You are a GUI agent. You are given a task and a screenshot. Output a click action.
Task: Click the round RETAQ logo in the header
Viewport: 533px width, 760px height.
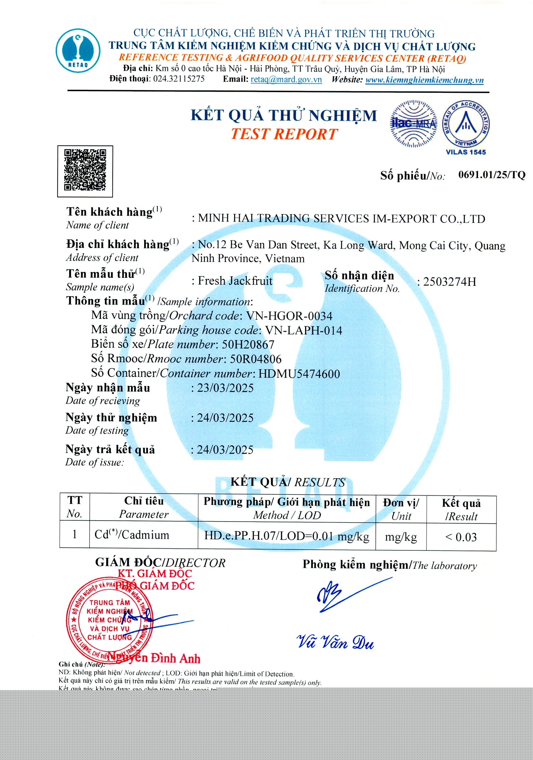tap(78, 50)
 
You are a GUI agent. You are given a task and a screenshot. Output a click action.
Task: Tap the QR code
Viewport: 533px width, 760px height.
tap(85, 171)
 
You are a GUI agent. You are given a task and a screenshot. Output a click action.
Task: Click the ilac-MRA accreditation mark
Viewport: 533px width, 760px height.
tap(414, 124)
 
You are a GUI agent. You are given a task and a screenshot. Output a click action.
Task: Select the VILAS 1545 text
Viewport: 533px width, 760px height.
tap(465, 152)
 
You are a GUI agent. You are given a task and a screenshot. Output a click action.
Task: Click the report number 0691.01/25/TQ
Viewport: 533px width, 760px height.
tap(491, 175)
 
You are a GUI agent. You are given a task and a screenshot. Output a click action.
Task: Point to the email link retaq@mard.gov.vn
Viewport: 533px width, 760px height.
tap(286, 80)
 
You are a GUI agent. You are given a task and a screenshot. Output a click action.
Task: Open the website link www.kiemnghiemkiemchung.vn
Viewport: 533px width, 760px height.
tap(424, 80)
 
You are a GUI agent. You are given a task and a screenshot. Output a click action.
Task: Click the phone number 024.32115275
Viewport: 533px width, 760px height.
tap(179, 79)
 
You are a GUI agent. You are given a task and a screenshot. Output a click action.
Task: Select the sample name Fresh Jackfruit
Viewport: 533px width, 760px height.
tap(235, 281)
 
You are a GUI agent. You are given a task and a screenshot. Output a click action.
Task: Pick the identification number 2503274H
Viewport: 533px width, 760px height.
tap(450, 282)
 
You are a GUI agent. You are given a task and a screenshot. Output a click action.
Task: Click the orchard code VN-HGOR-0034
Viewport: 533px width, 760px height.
tap(289, 316)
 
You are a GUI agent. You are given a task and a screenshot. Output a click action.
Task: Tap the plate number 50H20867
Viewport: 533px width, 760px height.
tap(248, 344)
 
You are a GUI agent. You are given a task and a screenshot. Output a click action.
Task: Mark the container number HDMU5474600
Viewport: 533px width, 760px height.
tap(299, 374)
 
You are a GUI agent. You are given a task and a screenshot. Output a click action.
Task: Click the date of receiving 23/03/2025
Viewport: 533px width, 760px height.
tap(225, 388)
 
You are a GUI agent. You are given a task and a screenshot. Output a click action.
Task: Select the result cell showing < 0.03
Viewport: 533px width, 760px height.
tap(461, 537)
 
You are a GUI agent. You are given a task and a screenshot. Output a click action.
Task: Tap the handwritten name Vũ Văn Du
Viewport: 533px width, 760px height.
tap(335, 643)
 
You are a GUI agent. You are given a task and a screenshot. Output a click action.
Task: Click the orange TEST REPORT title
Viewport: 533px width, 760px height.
tap(284, 134)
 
